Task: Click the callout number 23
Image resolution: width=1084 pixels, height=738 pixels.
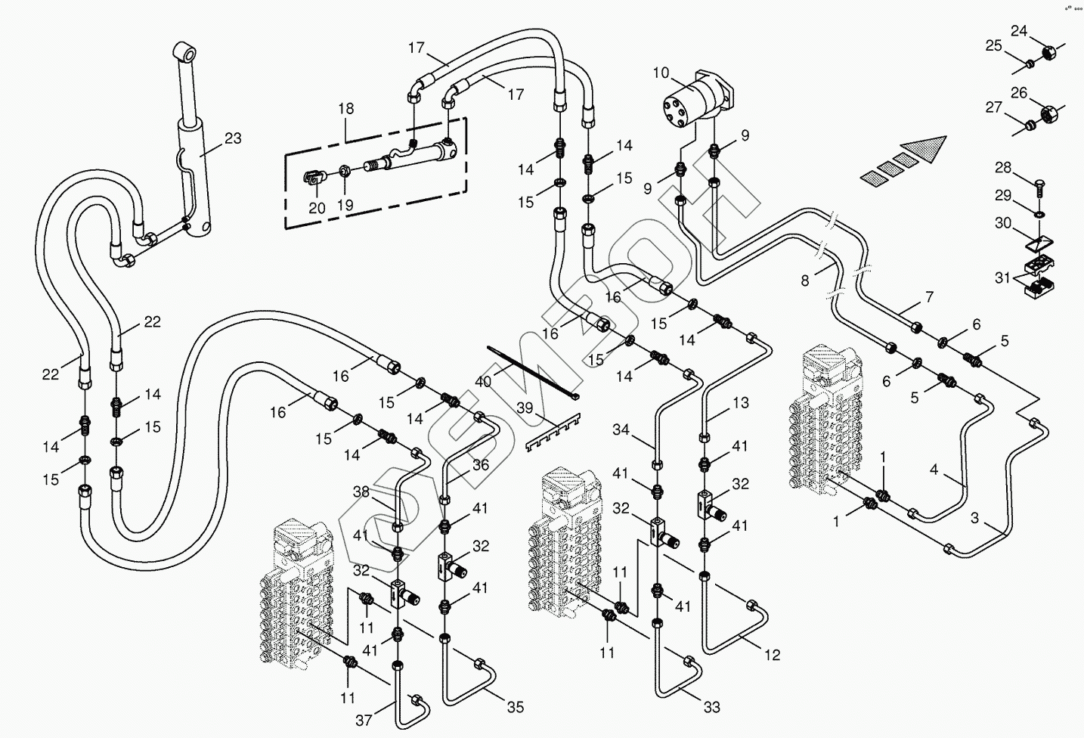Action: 233,138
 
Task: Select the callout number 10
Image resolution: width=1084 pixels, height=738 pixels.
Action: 661,73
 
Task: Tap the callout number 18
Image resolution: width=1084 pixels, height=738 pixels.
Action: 346,109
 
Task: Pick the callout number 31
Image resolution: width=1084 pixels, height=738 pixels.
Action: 1003,278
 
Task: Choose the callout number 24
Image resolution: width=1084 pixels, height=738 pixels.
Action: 1020,31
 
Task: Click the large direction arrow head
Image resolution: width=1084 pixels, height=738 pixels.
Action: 924,149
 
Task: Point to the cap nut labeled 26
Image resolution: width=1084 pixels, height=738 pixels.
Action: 1049,115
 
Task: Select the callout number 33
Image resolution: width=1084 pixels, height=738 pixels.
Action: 711,708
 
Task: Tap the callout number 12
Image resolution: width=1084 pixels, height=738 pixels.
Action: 772,655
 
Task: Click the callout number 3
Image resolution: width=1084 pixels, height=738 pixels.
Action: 975,519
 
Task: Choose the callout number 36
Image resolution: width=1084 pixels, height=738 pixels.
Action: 482,466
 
